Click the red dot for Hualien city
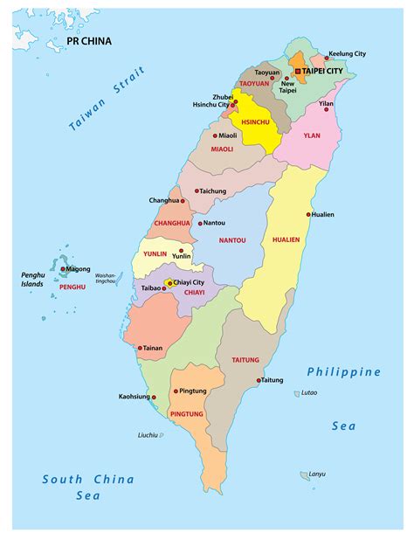[x=308, y=214]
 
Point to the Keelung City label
[x=346, y=53]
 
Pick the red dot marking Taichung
[x=197, y=190]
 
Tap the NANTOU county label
[x=232, y=239]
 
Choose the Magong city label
[x=78, y=269]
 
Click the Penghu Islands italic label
[x=33, y=280]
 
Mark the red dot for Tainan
[x=139, y=348]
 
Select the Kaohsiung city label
[x=135, y=397]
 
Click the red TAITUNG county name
[x=245, y=359]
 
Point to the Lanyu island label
[x=316, y=474]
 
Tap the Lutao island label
[x=309, y=393]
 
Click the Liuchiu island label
[x=148, y=434]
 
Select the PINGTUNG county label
[x=187, y=413]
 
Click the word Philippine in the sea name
[x=343, y=372]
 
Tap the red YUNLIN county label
[x=155, y=253]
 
